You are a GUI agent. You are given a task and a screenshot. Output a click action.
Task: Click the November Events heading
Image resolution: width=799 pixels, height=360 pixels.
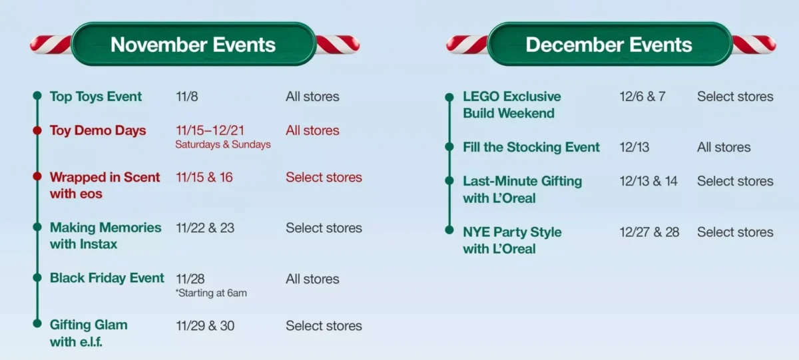click(x=193, y=45)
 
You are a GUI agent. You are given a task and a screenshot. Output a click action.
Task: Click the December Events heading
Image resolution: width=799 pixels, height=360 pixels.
click(x=609, y=45)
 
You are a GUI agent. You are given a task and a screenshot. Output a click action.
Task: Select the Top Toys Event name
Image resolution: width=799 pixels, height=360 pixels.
click(x=96, y=96)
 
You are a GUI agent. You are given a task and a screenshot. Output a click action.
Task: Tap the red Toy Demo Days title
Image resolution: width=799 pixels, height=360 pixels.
click(x=98, y=130)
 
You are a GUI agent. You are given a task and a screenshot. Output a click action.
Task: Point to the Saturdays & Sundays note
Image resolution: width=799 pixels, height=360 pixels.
click(x=223, y=144)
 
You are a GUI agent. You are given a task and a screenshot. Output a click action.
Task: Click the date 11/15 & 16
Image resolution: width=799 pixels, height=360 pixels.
click(x=204, y=177)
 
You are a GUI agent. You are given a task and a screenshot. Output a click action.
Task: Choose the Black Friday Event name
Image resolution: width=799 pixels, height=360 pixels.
click(x=107, y=278)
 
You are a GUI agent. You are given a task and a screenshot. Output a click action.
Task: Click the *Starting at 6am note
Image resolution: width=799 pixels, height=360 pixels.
click(x=211, y=293)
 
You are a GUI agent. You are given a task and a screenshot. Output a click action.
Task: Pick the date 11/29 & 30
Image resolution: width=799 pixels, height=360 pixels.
click(x=205, y=326)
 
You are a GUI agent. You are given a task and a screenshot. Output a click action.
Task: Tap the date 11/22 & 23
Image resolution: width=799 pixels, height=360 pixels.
click(x=205, y=228)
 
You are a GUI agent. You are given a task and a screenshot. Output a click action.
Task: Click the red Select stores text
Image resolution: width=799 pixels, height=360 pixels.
click(x=324, y=177)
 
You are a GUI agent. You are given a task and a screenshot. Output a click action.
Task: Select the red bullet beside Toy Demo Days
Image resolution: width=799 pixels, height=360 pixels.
click(x=37, y=130)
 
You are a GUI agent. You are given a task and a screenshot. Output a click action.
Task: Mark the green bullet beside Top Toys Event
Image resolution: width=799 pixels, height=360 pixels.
click(x=37, y=96)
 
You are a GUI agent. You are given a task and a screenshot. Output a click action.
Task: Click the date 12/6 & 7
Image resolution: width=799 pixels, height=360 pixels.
click(x=642, y=96)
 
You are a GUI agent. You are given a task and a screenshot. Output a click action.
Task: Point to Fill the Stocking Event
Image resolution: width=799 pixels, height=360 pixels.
click(x=531, y=147)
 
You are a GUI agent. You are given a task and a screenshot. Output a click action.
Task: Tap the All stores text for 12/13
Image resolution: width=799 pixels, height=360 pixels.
click(x=724, y=147)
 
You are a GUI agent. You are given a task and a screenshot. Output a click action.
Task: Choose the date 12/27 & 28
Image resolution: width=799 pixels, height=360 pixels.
click(x=649, y=232)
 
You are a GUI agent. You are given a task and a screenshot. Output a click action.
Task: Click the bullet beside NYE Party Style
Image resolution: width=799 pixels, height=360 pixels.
click(x=449, y=232)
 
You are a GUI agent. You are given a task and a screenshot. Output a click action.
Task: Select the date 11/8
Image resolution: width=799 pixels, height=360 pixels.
click(x=187, y=96)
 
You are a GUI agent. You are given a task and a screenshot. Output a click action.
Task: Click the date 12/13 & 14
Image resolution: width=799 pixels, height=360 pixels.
click(x=649, y=181)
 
